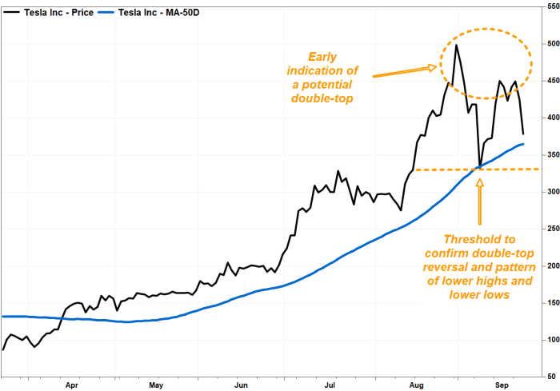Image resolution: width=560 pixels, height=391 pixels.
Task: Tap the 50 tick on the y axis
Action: (x=550, y=376)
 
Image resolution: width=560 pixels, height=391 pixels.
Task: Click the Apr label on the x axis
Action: (x=72, y=384)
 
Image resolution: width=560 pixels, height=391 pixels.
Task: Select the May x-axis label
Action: (x=155, y=384)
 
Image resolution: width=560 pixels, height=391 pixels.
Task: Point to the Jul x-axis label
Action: (x=329, y=384)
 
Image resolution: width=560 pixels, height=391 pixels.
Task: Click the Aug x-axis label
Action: (x=415, y=384)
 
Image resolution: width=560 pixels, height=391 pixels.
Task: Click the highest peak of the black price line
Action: (x=456, y=45)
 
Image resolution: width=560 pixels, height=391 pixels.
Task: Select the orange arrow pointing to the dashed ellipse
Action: (x=405, y=72)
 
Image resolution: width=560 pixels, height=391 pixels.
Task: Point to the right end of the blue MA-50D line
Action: (x=523, y=144)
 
